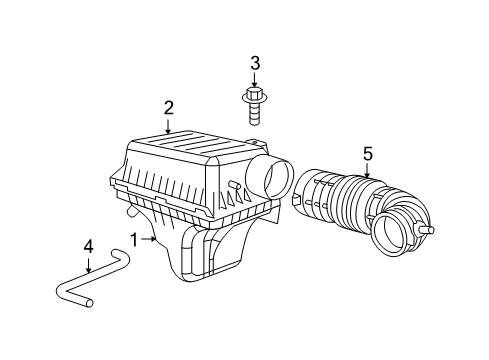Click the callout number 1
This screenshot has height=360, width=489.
click(x=133, y=240)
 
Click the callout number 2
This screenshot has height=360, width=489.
click(x=169, y=108)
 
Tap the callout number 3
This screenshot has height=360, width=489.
click(x=255, y=63)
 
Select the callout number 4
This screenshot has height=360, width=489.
click(x=88, y=245)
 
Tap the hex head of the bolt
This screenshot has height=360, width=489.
click(x=255, y=97)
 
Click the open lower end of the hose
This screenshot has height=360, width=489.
click(x=87, y=300)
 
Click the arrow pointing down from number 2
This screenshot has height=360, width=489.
click(x=169, y=125)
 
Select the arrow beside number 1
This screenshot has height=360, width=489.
click(x=149, y=240)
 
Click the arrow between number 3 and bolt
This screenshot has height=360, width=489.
click(x=255, y=80)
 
